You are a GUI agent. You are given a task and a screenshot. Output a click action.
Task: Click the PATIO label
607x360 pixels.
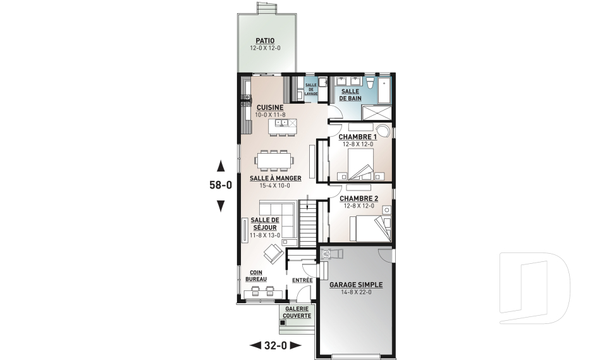pos(265,40)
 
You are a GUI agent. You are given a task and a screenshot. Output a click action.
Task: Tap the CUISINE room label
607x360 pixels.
pos(270,108)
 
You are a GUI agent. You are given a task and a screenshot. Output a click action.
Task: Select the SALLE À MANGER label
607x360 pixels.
pos(275,178)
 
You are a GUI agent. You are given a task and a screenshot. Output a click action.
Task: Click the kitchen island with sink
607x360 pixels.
pos(283,125)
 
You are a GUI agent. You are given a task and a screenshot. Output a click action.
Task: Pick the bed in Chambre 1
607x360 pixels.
pos(360,164)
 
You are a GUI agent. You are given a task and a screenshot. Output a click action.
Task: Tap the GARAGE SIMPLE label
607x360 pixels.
pos(356,285)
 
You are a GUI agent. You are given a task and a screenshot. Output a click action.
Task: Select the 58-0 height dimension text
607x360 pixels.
pos(221,185)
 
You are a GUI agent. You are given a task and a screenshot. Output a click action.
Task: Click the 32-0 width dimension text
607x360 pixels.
pos(276,345)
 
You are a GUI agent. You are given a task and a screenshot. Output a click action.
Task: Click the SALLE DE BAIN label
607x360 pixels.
pos(350,94)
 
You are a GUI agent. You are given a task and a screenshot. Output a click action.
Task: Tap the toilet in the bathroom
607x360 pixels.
pos(371,82)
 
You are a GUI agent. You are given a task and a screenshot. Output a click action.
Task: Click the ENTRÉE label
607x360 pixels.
pos(302,280)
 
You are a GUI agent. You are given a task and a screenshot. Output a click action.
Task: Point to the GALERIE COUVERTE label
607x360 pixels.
pos(297,313)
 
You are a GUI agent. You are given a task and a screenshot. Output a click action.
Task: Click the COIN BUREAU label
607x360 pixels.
pos(256,276)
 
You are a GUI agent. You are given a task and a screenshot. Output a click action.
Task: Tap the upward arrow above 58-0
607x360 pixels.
pos(221,166)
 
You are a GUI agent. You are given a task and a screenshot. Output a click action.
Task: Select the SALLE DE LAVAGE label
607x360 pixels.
pos(311,89)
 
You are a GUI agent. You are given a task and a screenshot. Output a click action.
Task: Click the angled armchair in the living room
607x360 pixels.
pos(274,254)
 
